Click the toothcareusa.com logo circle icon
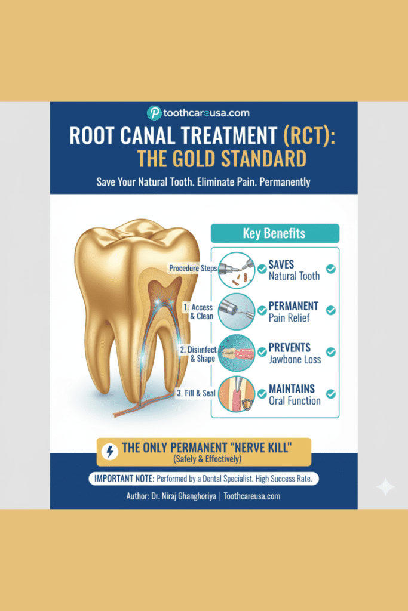coord(154,112)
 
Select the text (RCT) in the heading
coord(310,135)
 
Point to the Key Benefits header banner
coord(275,233)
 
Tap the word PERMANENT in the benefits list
coord(293,306)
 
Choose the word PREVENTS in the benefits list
coord(290,347)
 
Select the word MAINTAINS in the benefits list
coord(292,388)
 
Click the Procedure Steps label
coord(192,268)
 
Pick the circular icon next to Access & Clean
coord(236,311)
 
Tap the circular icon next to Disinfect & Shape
coord(236,352)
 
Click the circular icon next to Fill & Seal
coord(236,393)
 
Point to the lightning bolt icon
coord(109,452)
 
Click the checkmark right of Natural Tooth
coord(330,269)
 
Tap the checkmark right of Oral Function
coord(330,394)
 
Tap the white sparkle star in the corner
coord(385,487)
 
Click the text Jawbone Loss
coord(295,359)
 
